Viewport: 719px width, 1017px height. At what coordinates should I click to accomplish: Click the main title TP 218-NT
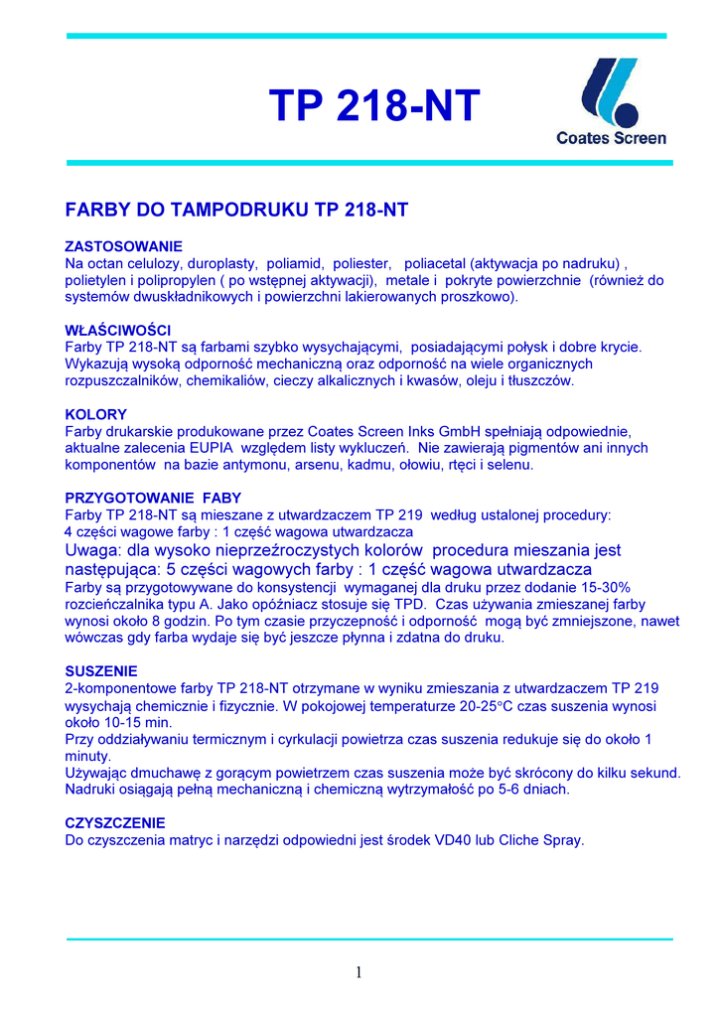point(374,106)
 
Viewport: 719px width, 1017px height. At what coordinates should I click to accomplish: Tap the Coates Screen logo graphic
point(610,89)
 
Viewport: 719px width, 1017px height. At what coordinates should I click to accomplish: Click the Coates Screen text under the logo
point(611,138)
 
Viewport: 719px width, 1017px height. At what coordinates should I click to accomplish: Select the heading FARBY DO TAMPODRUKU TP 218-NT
point(236,211)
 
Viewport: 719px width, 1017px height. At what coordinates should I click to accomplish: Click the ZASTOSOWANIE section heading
point(123,245)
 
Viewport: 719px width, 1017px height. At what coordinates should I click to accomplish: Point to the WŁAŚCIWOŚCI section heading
point(118,330)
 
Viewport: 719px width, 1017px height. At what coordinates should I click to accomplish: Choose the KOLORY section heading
point(95,414)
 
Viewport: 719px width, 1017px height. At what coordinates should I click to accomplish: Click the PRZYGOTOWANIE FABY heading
point(153,498)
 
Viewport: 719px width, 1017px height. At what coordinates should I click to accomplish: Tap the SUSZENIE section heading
point(101,670)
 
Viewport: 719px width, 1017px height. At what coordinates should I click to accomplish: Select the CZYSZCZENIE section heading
point(115,823)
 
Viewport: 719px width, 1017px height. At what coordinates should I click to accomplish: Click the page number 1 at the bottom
point(359,973)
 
